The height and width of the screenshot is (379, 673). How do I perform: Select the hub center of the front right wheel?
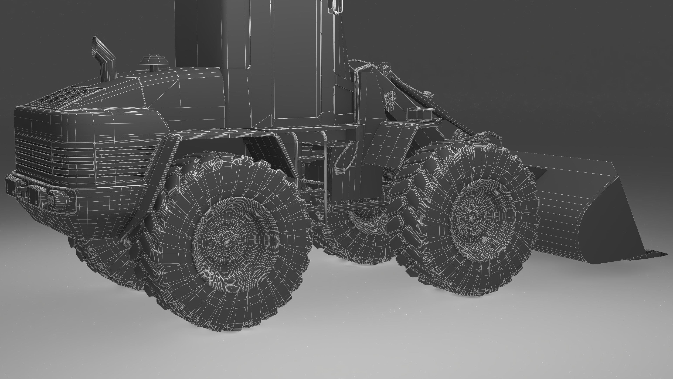[471, 218]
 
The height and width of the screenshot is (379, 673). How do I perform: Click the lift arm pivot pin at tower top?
[386, 69]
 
